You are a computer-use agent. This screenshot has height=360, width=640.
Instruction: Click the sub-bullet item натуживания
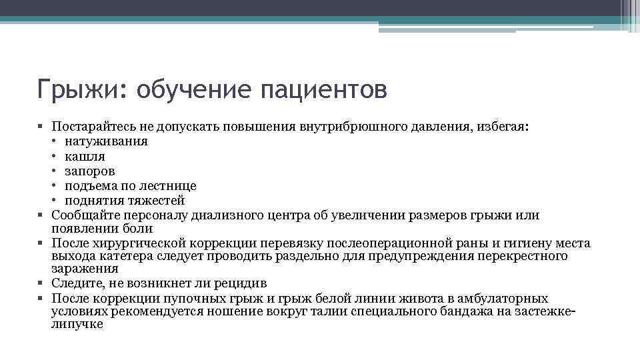point(106,141)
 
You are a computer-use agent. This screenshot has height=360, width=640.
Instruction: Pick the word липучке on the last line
point(77,324)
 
